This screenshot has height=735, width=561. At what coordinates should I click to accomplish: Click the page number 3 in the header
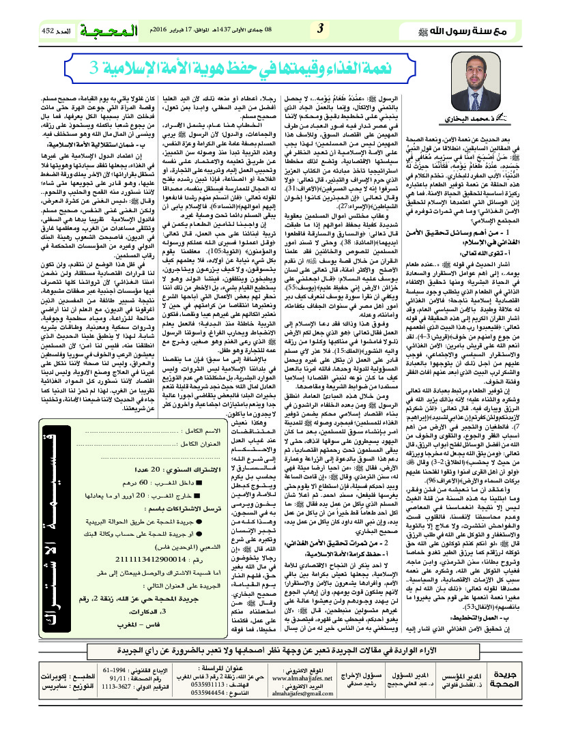[321, 29]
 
